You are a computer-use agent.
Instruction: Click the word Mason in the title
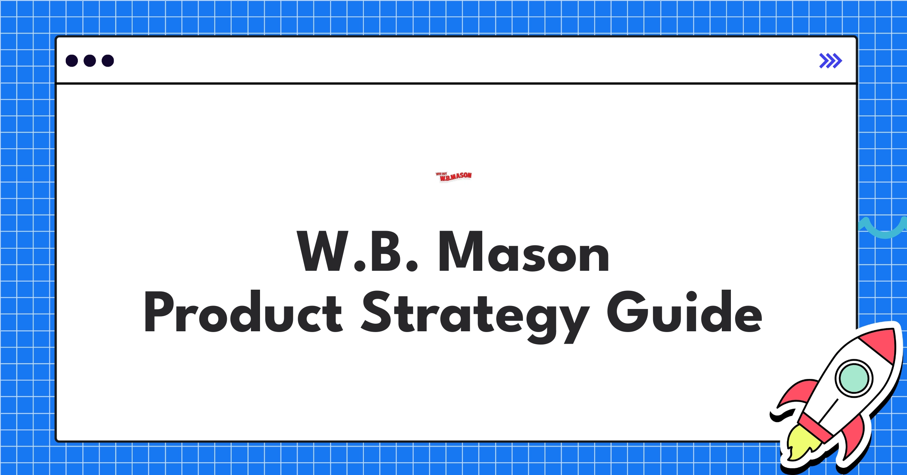pos(524,251)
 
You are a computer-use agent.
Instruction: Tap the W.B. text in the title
pos(357,251)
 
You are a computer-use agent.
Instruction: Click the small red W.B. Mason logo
pos(453,176)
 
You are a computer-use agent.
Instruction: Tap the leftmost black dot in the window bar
pos(72,61)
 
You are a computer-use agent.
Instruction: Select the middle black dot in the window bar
pos(90,61)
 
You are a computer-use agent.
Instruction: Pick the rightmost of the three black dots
pos(108,61)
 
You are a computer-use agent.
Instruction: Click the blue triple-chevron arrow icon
pos(830,61)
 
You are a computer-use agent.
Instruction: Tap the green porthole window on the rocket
pos(854,378)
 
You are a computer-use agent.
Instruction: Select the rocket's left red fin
pos(796,395)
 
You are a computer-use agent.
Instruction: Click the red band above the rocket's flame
pos(816,427)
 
